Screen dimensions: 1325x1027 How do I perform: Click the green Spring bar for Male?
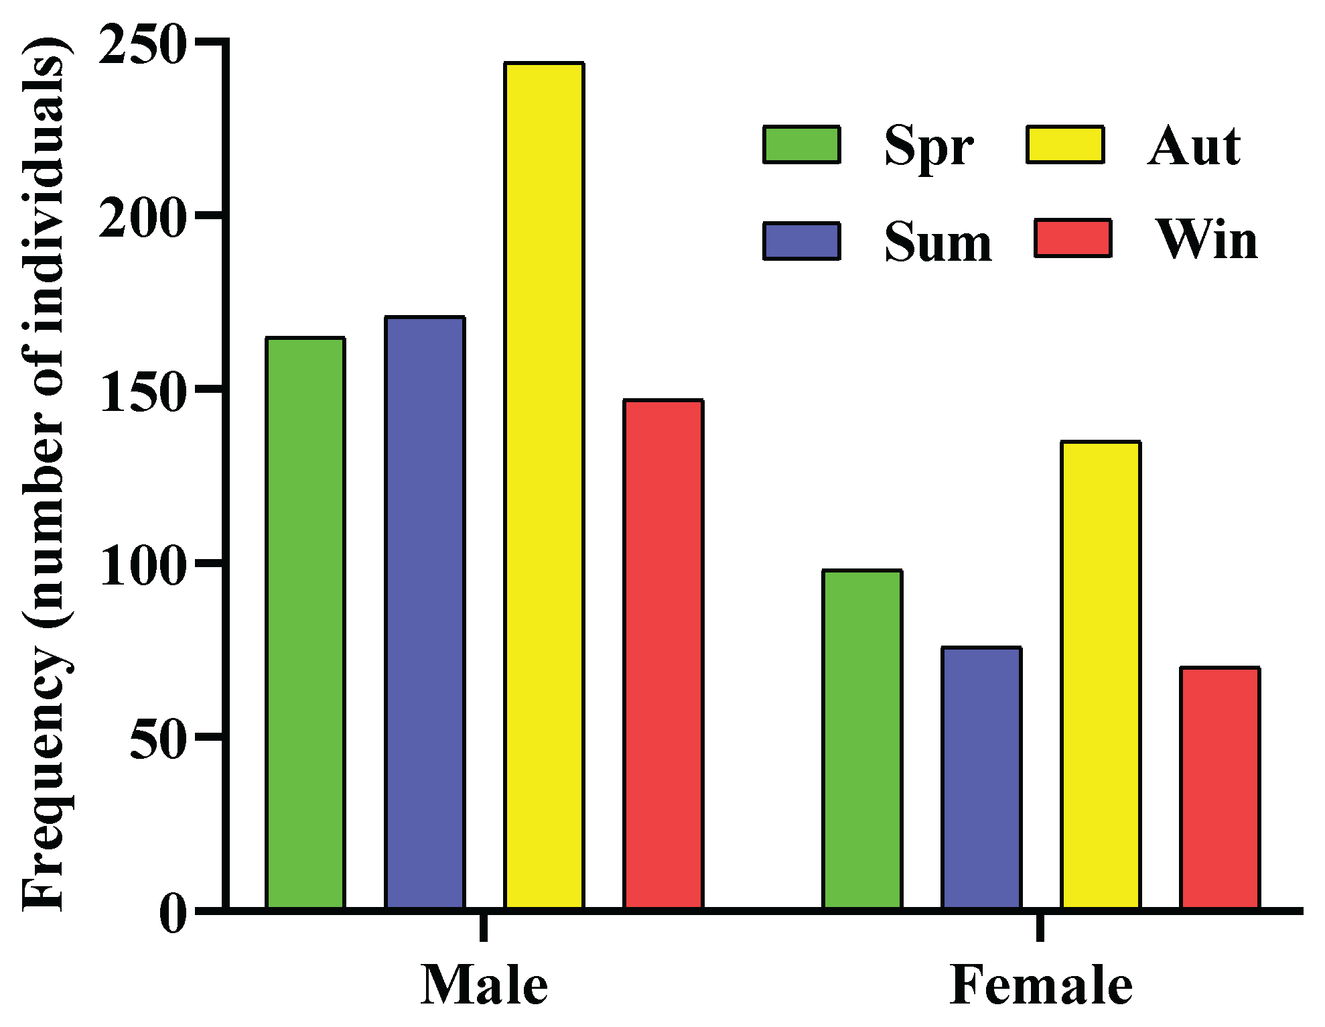(305, 623)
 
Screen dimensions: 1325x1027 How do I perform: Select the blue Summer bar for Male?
(425, 612)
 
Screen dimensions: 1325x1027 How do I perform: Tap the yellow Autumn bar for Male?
(544, 485)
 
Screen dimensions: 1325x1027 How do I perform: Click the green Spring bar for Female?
(862, 739)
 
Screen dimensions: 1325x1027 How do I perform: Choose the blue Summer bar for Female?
(981, 778)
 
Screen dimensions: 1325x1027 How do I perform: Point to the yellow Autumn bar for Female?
(1101, 674)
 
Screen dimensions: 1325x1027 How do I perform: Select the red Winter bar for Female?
(1220, 788)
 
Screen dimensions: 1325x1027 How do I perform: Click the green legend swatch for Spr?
(801, 144)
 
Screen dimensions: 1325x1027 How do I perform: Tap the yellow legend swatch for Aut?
(1065, 144)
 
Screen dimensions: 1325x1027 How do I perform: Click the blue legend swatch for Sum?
(801, 241)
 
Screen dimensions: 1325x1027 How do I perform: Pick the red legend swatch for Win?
(1073, 238)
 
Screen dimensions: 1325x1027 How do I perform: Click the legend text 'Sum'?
(938, 241)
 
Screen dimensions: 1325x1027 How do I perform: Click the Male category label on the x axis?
(484, 985)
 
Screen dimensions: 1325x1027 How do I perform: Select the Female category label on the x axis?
(1040, 985)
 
